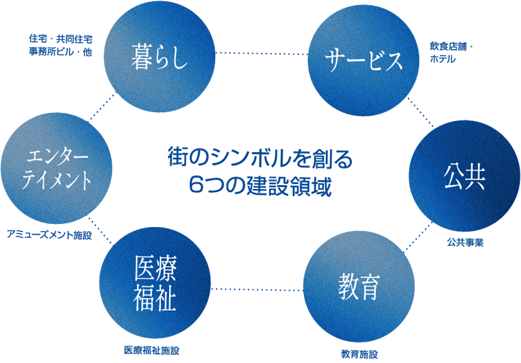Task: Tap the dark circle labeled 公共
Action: click(x=464, y=178)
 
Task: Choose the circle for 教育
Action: click(x=359, y=288)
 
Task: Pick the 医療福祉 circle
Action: click(x=155, y=284)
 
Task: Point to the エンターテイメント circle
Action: click(x=57, y=168)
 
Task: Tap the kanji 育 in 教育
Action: click(x=370, y=288)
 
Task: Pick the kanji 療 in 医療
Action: click(x=166, y=269)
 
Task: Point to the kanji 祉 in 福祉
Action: click(x=166, y=298)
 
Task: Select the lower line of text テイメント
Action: click(x=57, y=180)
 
